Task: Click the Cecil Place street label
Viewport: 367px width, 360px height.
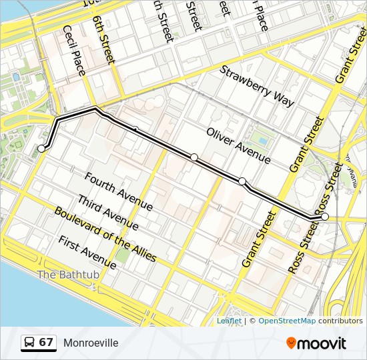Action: tap(74, 50)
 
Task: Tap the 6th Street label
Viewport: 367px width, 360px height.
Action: tap(105, 40)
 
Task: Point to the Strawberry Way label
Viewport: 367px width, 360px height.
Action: tap(257, 85)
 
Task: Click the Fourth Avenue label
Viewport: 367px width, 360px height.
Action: tap(119, 192)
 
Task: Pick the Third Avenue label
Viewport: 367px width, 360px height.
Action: tap(107, 213)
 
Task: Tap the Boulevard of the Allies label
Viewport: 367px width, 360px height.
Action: tap(105, 234)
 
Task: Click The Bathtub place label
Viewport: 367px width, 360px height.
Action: tap(68, 274)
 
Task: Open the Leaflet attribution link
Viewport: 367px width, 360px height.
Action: tap(228, 321)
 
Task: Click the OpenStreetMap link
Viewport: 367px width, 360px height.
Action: tap(287, 321)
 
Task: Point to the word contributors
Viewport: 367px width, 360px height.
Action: tap(340, 321)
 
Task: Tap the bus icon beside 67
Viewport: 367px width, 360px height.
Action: tap(30, 343)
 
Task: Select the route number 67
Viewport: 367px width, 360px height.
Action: tap(46, 343)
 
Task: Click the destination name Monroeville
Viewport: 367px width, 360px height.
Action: tap(91, 343)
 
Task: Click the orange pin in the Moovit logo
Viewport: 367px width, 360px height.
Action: tap(292, 343)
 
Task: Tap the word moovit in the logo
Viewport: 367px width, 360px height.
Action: tap(322, 343)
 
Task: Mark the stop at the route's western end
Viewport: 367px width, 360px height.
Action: tap(41, 149)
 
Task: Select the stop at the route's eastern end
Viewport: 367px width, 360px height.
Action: tap(325, 217)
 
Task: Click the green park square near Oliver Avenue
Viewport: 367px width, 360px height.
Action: tap(263, 141)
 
